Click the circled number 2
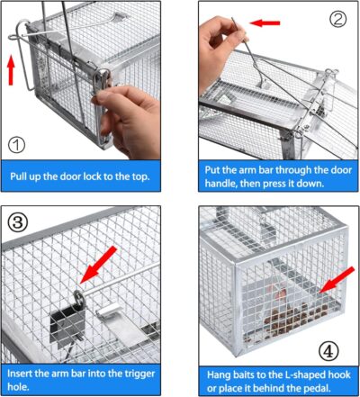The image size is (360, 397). (x=337, y=19)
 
